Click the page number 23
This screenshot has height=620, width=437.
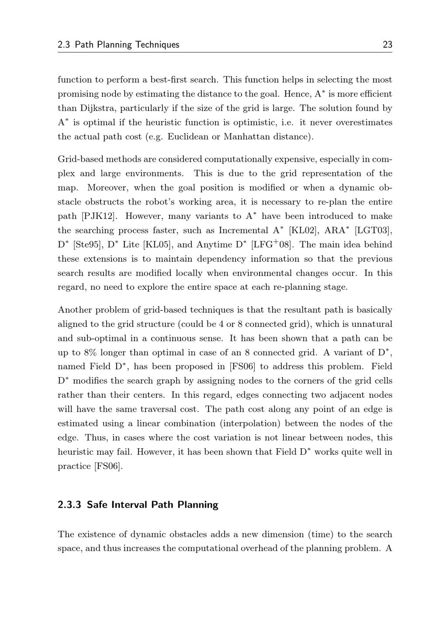pos(387,45)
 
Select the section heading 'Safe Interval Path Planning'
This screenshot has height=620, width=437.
pos(153,505)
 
